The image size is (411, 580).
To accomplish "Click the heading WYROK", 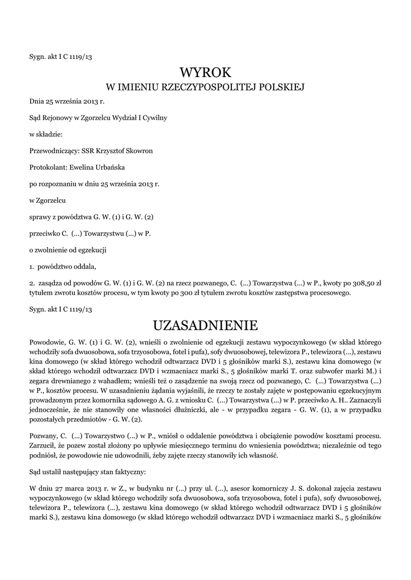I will [206, 72].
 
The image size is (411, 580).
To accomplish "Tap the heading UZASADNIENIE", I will [206, 326].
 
